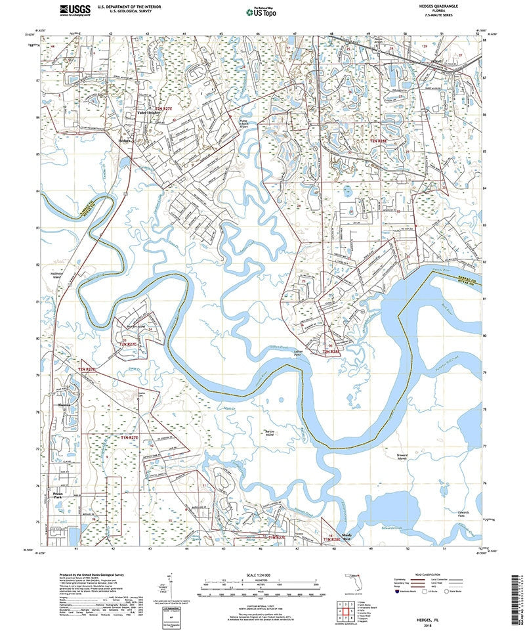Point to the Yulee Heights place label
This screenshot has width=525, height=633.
coord(148,113)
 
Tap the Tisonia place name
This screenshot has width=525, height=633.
coord(64,405)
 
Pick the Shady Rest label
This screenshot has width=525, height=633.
coord(339,537)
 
